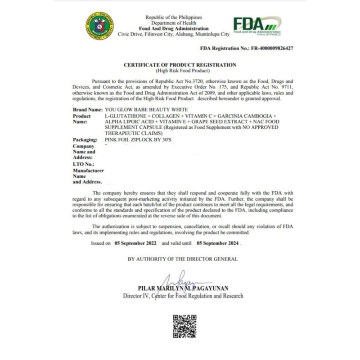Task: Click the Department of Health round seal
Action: click(100, 26)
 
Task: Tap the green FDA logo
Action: click(257, 26)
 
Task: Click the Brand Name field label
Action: click(87, 110)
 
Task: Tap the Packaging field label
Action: click(85, 140)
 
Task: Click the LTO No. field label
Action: click(84, 165)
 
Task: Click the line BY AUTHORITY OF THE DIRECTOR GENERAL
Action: click(182, 259)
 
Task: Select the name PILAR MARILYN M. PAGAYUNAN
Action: click(183, 288)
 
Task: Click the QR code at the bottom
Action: click(184, 326)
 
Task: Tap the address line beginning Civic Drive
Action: click(173, 34)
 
